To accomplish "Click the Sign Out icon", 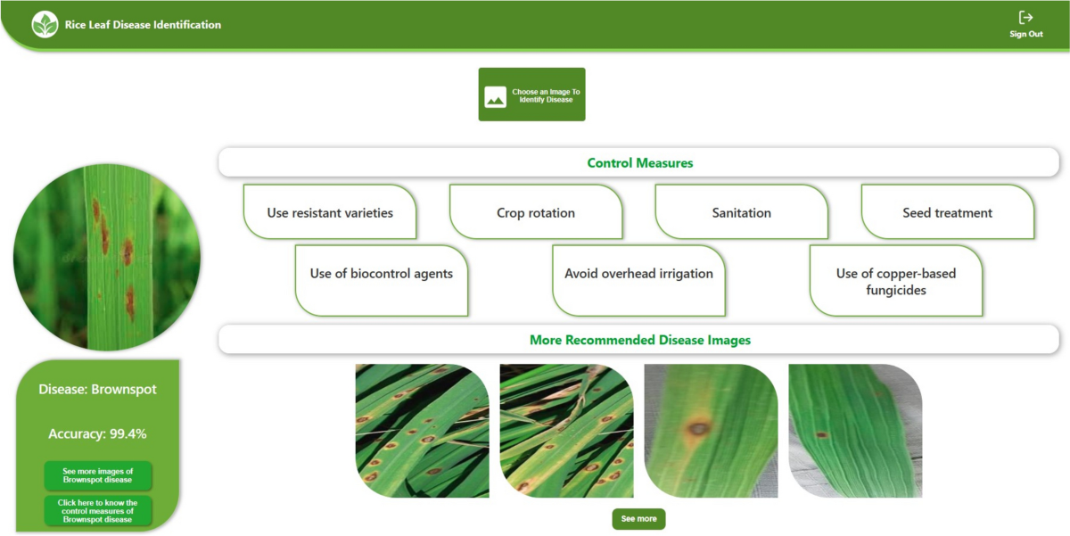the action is click(x=1025, y=18).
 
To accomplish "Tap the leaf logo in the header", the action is click(x=45, y=24).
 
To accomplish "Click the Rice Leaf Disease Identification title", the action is click(x=143, y=25).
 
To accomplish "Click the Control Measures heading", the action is click(x=639, y=163).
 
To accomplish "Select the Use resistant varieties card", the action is click(x=330, y=212).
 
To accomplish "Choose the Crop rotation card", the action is click(x=536, y=212).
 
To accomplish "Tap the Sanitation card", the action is click(x=741, y=212).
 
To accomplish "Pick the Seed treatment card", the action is click(x=947, y=212).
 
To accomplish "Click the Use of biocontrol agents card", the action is click(x=382, y=280).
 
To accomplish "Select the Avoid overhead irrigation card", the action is click(x=638, y=280).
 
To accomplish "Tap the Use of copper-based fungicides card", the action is click(x=896, y=280).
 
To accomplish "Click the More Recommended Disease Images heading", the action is click(x=639, y=340).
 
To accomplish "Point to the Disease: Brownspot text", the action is click(x=97, y=390).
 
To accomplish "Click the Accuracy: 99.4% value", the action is click(x=97, y=433).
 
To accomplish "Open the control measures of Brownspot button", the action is click(x=98, y=511).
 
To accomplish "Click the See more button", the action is click(x=638, y=519).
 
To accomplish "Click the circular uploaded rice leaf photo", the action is click(x=107, y=257).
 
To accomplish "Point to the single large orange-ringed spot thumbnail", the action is click(x=711, y=431).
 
